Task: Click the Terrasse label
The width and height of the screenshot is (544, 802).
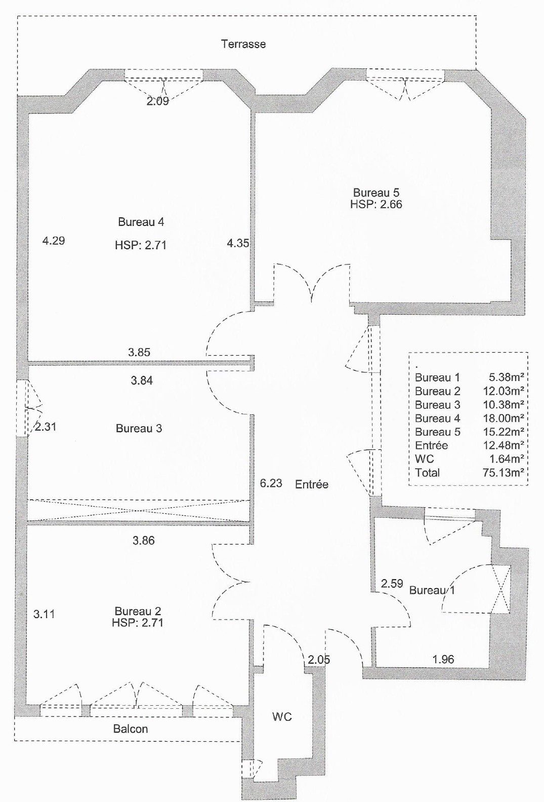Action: [x=243, y=44]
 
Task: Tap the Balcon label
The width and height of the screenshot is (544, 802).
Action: [x=131, y=729]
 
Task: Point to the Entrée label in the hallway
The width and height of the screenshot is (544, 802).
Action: [x=312, y=484]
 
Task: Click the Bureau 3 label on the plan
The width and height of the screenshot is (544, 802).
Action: [x=139, y=428]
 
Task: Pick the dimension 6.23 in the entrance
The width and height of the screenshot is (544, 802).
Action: [x=271, y=483]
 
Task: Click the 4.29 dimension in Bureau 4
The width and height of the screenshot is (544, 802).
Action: [x=54, y=241]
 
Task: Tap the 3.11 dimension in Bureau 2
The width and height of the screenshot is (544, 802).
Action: [x=44, y=614]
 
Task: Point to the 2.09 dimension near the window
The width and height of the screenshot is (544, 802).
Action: [x=157, y=101]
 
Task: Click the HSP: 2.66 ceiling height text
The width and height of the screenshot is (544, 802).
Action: [x=376, y=205]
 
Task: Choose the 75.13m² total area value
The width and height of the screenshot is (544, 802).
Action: [x=503, y=472]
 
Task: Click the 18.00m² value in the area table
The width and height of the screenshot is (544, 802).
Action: [x=503, y=418]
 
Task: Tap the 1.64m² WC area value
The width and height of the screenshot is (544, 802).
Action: [x=507, y=459]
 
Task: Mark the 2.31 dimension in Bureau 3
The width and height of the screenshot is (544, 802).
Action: [x=46, y=427]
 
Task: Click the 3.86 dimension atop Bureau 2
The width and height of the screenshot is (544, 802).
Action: [x=143, y=540]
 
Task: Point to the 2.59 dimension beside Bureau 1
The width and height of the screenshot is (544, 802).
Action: [x=392, y=584]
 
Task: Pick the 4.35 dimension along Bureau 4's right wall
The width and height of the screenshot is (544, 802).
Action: [x=238, y=244]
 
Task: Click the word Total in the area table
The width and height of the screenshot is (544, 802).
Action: [x=427, y=473]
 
